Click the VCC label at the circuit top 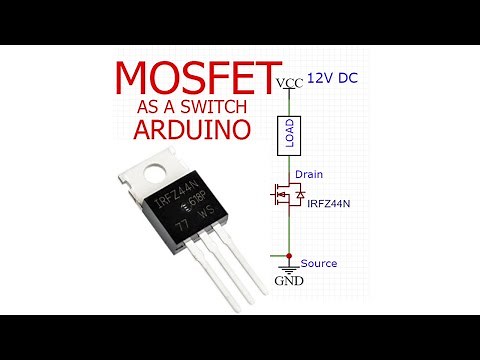click(x=289, y=82)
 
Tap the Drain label click(x=309, y=174)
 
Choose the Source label click(x=319, y=263)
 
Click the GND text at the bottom click(x=287, y=283)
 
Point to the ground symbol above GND click(x=288, y=269)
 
